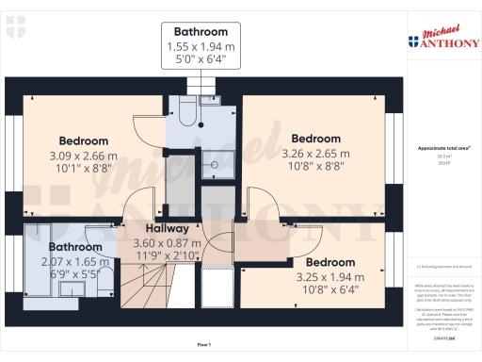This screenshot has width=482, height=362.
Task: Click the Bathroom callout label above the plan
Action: tap(200, 30)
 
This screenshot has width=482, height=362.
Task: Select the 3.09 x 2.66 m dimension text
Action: tap(84, 156)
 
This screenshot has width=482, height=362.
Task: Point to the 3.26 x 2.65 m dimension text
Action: tap(314, 153)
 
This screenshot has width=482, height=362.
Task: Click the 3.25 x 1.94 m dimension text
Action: tap(329, 276)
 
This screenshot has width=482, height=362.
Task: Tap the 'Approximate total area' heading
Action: tap(443, 149)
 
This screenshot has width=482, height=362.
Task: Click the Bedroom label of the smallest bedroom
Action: tap(329, 261)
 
